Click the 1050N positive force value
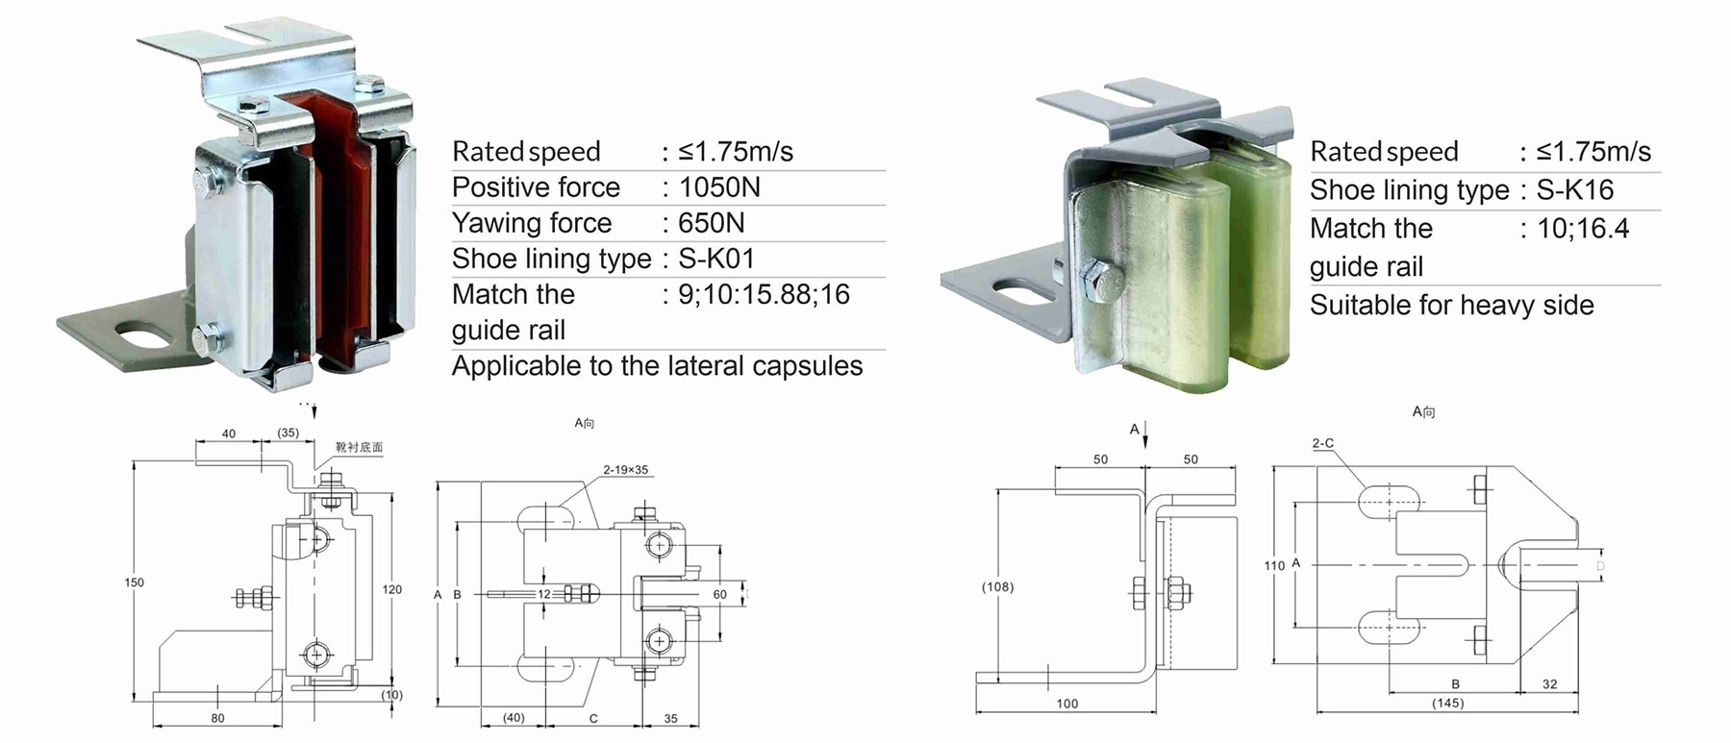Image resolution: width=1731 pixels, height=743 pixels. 719,187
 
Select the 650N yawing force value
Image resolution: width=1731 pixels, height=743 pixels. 712,223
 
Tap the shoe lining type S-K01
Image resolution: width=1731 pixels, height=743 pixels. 716,259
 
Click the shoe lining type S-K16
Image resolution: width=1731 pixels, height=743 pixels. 1574,190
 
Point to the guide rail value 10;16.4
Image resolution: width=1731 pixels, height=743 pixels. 1583,229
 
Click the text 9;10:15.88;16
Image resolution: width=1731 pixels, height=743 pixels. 764,294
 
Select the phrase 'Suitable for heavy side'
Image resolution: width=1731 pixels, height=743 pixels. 1451,306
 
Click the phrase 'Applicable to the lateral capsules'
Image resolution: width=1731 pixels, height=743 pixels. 657,366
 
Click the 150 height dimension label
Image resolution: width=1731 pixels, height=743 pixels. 134,582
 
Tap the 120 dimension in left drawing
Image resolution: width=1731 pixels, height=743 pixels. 392,589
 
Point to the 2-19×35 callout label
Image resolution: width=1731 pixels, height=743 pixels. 625,470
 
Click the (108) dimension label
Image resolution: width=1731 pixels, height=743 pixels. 997,586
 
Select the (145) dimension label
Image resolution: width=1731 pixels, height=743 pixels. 1447,704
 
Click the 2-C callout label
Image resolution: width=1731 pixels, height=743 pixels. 1323,443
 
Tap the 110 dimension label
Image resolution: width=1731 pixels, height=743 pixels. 1274,565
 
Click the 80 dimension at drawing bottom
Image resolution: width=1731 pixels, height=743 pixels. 217,718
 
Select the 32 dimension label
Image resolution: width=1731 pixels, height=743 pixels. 1549,684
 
